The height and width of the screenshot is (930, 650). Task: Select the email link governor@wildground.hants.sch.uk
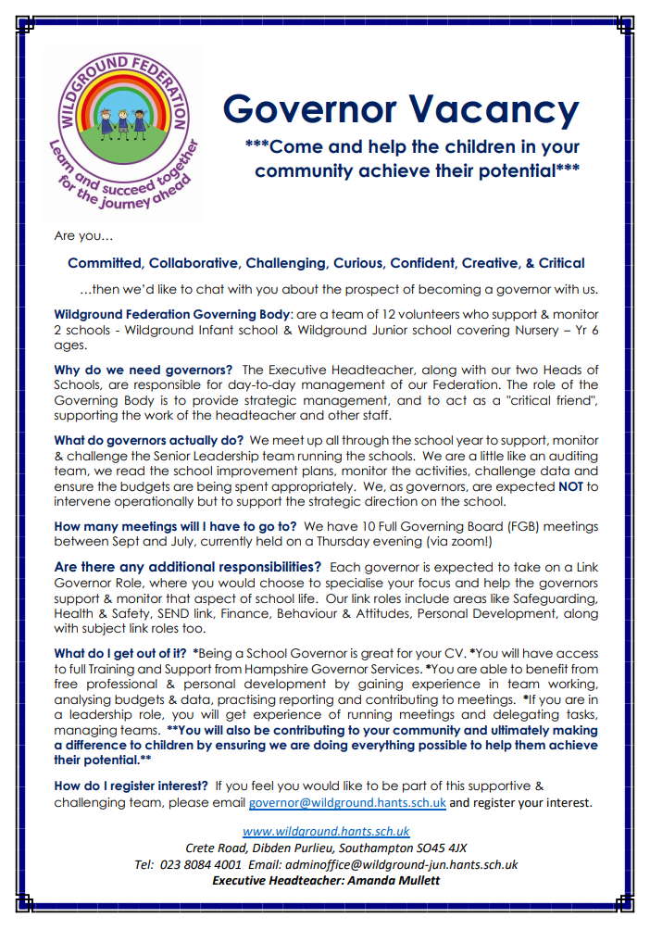347,803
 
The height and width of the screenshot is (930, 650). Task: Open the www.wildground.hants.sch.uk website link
326,831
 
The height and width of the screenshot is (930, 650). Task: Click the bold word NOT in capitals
570,485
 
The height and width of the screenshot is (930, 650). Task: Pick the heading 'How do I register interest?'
131,785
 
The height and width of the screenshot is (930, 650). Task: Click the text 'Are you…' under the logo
83,236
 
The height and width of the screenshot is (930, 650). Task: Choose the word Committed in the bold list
104,263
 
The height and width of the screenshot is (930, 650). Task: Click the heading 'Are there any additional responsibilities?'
188,566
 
